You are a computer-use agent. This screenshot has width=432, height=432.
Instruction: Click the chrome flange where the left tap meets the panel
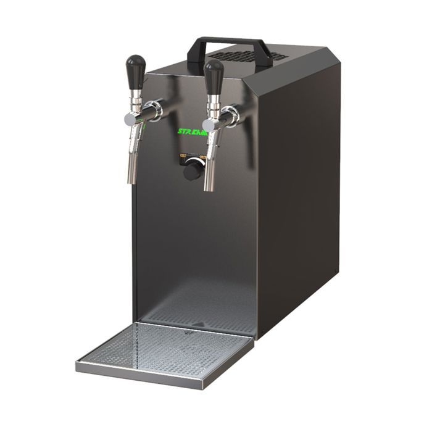click(157, 110)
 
